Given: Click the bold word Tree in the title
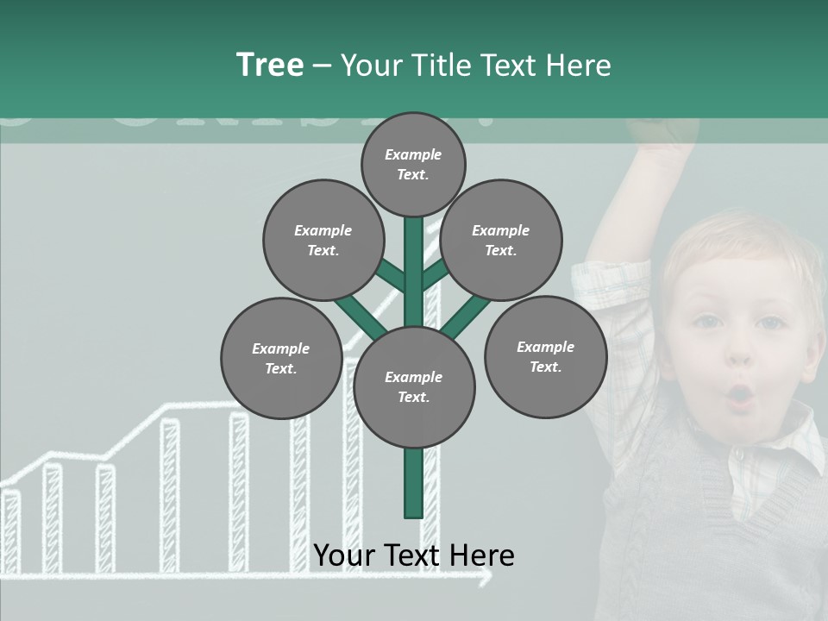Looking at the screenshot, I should [270, 65].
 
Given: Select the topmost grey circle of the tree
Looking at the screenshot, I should [413, 164].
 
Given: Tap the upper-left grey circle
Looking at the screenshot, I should [323, 240].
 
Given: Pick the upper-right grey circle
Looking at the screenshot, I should [501, 240].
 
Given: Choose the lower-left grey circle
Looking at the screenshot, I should [281, 358].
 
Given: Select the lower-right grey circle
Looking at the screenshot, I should [545, 356].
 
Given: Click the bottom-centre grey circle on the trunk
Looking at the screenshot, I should [414, 387].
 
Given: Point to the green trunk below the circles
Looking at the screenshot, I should [413, 483].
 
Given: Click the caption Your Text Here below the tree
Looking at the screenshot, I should [413, 555].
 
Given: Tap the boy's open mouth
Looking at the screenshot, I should [740, 396].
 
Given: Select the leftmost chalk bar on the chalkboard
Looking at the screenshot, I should [10, 531].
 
